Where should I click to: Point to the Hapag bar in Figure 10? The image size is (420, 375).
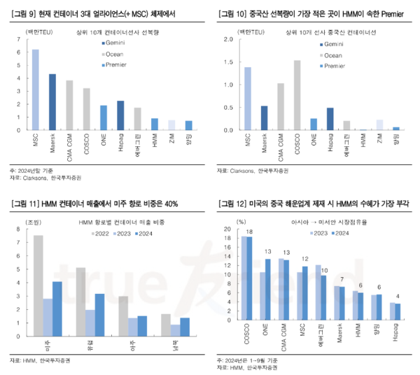coord(330,119)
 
